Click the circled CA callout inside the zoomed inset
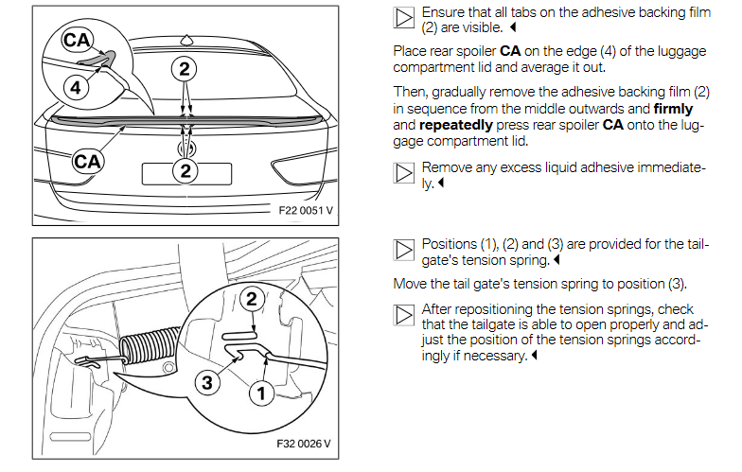(78, 41)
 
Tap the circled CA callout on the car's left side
(88, 161)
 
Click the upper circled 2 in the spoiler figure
(185, 68)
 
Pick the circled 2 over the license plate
(185, 170)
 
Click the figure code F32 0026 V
(306, 443)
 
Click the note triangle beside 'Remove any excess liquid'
(403, 172)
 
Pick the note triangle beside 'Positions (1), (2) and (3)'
(403, 250)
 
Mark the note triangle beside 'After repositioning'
(403, 315)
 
